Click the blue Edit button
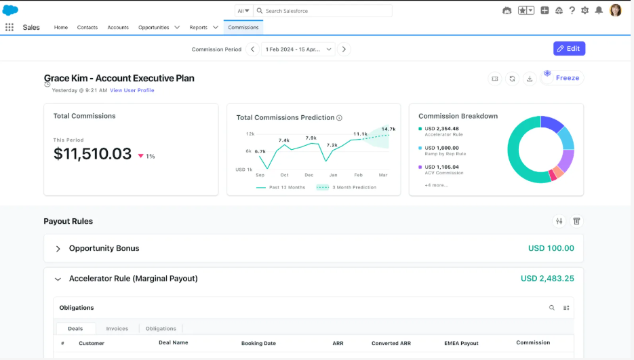click(569, 49)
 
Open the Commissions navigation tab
click(243, 28)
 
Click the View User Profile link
click(132, 90)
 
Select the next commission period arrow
click(344, 49)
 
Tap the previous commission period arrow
click(253, 49)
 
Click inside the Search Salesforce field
click(323, 11)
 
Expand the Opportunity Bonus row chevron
click(58, 249)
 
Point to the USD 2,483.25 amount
click(547, 278)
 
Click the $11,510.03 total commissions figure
click(93, 154)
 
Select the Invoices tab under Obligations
click(117, 328)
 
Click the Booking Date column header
click(258, 343)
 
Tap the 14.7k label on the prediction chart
click(388, 129)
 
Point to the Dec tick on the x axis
click(309, 175)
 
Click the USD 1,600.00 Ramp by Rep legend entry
click(442, 151)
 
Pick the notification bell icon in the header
click(599, 11)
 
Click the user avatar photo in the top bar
click(616, 11)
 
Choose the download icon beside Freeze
click(530, 79)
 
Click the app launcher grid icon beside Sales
click(9, 27)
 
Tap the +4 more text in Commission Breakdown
click(436, 185)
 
